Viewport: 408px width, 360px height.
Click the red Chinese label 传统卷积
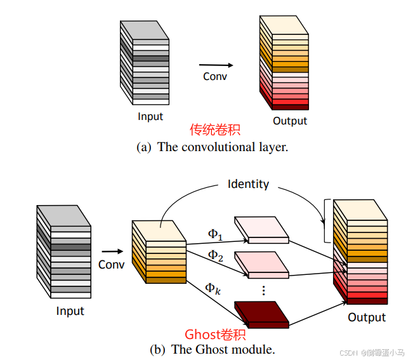point(214,130)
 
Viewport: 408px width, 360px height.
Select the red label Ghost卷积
point(214,335)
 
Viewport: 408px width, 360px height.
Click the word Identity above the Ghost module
point(248,184)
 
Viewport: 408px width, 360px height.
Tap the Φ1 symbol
point(216,234)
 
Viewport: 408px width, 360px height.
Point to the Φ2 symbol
point(216,255)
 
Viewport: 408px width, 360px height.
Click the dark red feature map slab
point(261,313)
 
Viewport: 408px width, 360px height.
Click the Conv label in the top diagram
point(214,76)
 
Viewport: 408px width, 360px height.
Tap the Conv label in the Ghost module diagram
point(111,264)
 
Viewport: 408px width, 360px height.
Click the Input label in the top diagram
point(150,116)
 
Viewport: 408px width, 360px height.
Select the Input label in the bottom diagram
point(70,311)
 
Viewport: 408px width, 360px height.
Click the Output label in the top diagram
point(289,121)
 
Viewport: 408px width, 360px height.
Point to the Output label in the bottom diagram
point(366,317)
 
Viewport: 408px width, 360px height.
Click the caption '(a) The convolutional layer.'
point(212,147)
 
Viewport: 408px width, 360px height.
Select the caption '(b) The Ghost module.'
point(212,349)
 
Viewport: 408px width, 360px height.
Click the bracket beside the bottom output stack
point(326,220)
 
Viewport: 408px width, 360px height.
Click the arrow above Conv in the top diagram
point(215,65)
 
